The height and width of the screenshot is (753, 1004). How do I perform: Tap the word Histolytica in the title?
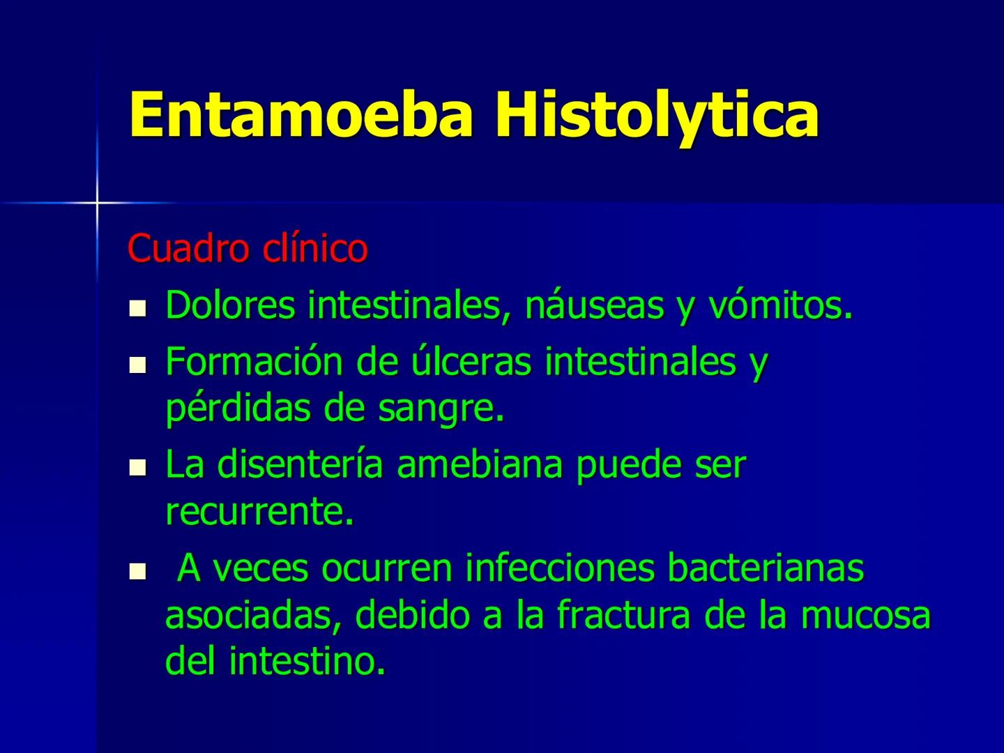tap(656, 115)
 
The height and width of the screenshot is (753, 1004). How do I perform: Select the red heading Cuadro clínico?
tap(248, 248)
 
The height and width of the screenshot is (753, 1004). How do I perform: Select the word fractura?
tap(624, 615)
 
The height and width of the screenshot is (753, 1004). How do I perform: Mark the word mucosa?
tap(865, 615)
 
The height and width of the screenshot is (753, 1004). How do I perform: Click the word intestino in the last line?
tap(307, 661)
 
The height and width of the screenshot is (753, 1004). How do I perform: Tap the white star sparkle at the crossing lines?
tap(97, 203)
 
